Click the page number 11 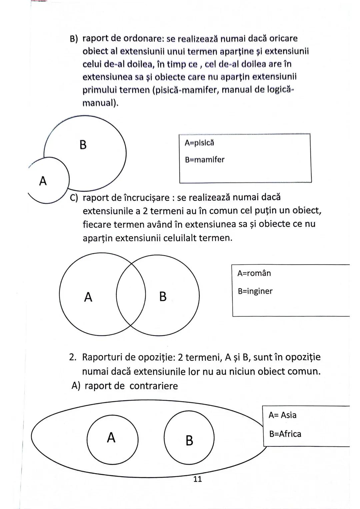197,479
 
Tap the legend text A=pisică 199,143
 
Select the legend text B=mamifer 205,160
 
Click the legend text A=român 254,273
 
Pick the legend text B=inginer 255,291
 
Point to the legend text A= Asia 282,415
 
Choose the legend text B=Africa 285,434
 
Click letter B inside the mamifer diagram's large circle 83,145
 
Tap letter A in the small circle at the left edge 43,181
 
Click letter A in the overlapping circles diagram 88,297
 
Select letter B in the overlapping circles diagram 163,296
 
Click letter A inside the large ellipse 111,437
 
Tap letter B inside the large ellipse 189,440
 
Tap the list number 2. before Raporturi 73,357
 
